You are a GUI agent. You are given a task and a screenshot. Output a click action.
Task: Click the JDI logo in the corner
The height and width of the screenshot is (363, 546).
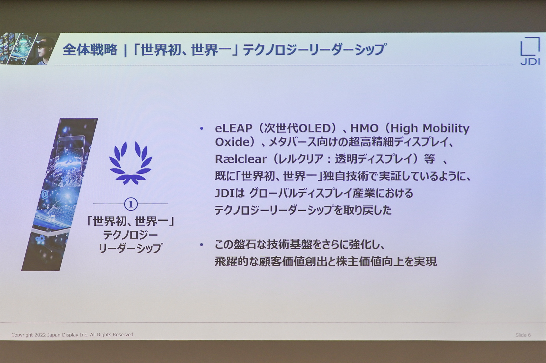coord(530,51)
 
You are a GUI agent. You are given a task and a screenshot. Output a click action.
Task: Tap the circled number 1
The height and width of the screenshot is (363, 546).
coord(131,204)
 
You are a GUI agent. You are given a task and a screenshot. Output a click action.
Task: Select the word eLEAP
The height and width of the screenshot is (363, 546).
coord(233,128)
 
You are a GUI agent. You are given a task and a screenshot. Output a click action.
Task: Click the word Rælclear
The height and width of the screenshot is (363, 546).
coord(241,159)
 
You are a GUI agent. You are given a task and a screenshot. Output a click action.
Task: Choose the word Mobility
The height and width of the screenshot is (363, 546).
coord(446,128)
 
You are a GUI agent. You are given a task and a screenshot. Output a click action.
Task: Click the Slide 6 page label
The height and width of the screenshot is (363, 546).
coord(523,335)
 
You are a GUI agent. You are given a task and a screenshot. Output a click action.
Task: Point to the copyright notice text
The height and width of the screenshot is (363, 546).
coord(73,335)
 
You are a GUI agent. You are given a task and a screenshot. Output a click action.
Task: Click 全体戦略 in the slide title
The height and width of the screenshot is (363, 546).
coord(90,50)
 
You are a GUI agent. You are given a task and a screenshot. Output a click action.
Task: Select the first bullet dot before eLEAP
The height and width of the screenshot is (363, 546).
coord(202,129)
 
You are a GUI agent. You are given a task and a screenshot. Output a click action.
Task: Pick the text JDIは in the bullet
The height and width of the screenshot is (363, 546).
coord(229,194)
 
